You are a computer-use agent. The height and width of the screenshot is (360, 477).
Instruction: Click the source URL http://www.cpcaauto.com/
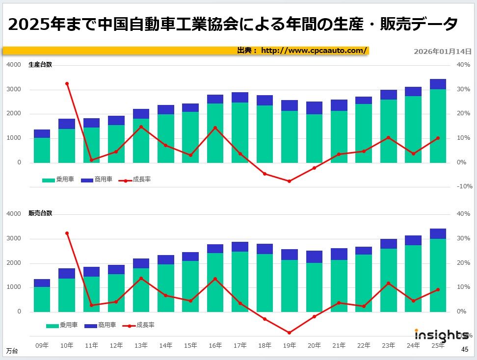(x=314, y=51)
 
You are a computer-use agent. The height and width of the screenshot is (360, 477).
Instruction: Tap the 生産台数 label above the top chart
(x=40, y=65)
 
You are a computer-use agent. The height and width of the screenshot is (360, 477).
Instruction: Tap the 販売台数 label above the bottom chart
(x=40, y=213)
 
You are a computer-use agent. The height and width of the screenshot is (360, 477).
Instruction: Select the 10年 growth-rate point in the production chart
(x=67, y=84)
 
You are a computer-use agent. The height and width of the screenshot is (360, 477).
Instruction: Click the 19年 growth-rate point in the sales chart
(x=289, y=333)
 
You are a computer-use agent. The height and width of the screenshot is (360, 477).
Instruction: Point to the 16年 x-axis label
(x=215, y=346)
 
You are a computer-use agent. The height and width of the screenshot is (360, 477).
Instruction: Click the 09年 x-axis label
(x=42, y=346)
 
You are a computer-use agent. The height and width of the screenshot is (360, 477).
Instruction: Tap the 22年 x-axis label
(x=364, y=346)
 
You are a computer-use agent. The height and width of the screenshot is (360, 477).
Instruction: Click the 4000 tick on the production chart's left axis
(x=14, y=65)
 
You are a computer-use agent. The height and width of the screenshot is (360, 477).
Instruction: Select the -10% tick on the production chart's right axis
(x=464, y=186)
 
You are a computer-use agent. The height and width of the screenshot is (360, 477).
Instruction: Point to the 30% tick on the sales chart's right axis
(x=464, y=238)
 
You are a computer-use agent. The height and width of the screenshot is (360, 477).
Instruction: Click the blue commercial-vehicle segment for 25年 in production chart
(x=438, y=84)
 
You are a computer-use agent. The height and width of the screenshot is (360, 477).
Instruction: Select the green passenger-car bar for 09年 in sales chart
(x=42, y=299)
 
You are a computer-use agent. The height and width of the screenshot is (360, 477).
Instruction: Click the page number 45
(x=465, y=349)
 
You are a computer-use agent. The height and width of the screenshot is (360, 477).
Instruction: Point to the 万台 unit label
(x=12, y=351)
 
